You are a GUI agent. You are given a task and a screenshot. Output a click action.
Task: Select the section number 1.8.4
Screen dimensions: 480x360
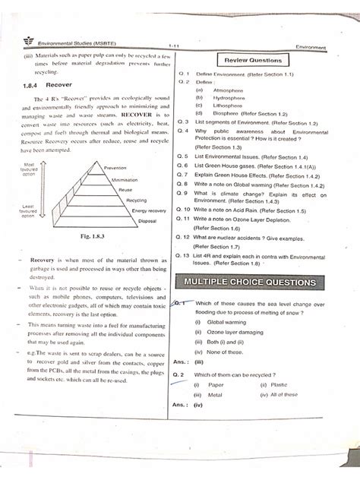pos(33,86)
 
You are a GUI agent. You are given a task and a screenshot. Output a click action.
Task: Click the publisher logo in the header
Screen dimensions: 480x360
pos(17,44)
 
